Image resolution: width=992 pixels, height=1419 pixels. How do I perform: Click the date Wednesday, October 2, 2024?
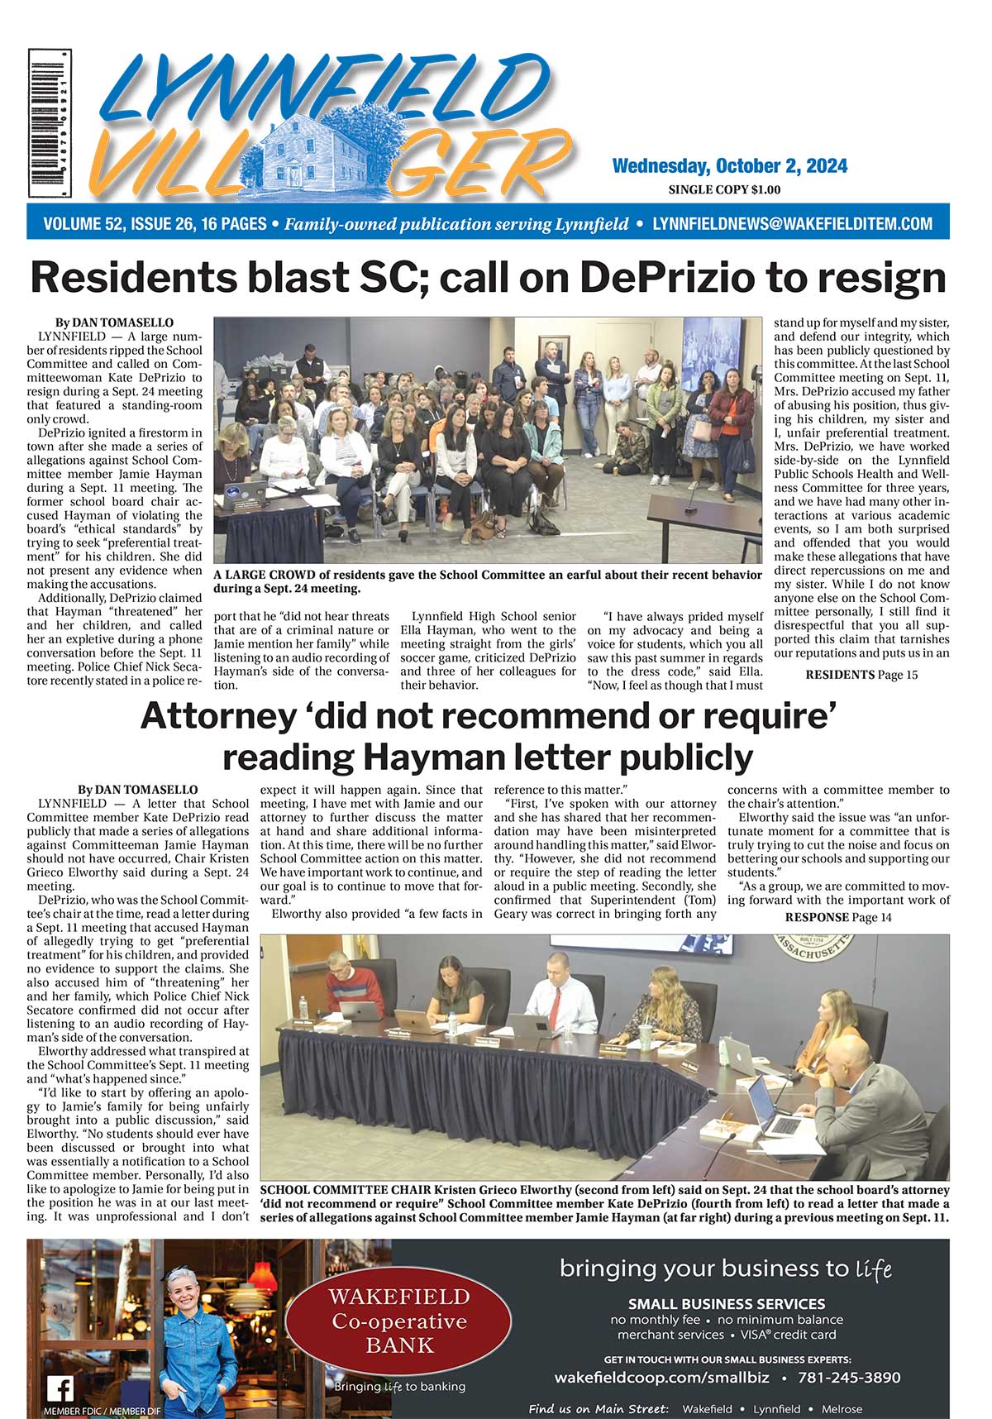click(729, 166)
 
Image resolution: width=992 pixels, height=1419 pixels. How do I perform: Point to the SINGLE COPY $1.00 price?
click(724, 190)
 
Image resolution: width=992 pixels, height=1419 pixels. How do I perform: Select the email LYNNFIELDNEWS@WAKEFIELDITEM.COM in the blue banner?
click(792, 224)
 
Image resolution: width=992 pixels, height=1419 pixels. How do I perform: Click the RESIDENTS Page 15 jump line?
click(861, 675)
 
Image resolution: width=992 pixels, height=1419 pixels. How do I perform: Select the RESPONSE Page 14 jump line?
click(838, 917)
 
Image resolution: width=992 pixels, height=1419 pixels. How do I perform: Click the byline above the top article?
click(114, 322)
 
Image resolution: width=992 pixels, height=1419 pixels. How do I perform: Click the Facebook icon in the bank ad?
click(60, 1388)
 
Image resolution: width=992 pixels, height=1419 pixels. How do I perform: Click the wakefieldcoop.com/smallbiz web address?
click(662, 1378)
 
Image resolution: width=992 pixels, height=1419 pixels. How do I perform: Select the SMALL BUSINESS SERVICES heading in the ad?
click(726, 1303)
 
